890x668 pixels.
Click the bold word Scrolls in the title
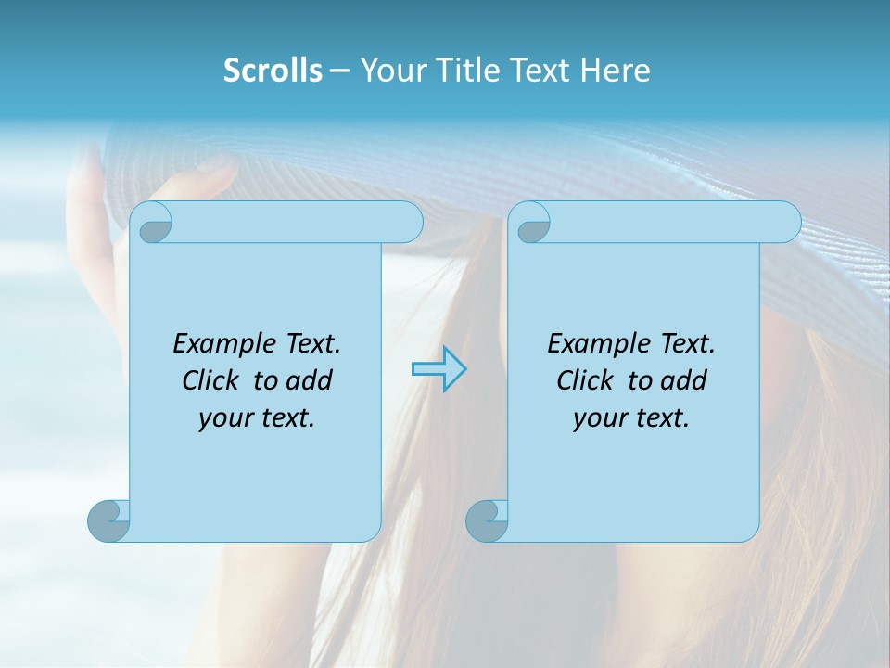[273, 71]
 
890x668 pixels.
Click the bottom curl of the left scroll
[108, 520]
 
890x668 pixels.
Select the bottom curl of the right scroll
[486, 520]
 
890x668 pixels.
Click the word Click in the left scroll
[203, 380]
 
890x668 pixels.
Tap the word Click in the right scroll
[578, 380]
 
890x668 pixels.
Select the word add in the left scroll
[311, 380]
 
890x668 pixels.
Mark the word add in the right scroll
[685, 380]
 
